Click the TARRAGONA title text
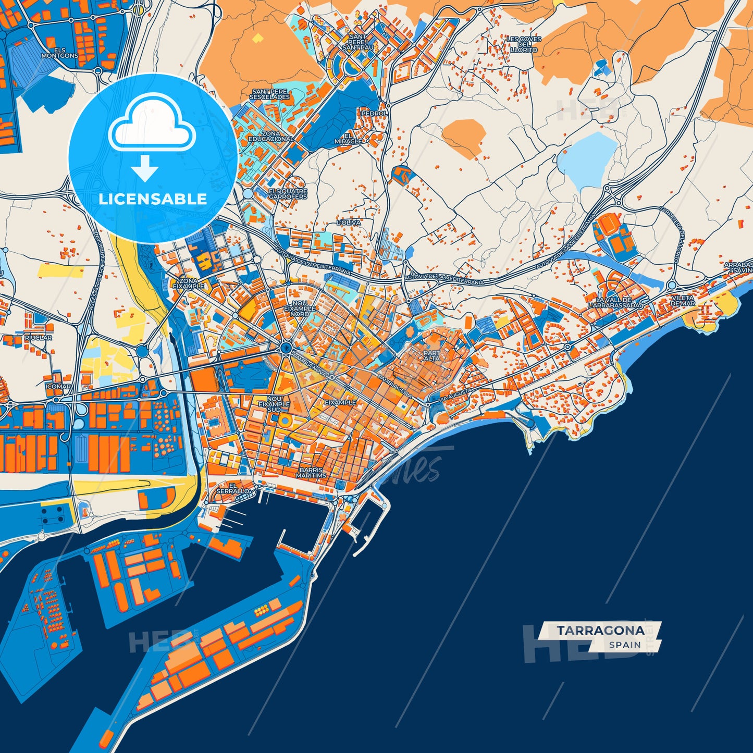(x=600, y=631)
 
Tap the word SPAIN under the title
(x=625, y=645)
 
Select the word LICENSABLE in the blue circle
(x=153, y=199)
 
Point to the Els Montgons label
(x=59, y=53)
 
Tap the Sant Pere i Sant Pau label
(x=357, y=42)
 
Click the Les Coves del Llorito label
(x=524, y=44)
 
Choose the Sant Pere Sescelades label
(x=269, y=94)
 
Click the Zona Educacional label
(x=270, y=137)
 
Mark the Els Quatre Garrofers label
(x=288, y=194)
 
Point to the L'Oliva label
(x=349, y=223)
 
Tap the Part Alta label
(x=431, y=355)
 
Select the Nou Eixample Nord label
(x=299, y=308)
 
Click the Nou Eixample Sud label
(x=274, y=404)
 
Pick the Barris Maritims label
(x=312, y=473)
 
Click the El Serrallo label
(x=232, y=488)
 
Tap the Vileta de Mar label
(x=683, y=301)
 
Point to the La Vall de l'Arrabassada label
(x=615, y=303)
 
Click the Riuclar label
(x=38, y=338)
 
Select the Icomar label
(x=58, y=387)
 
